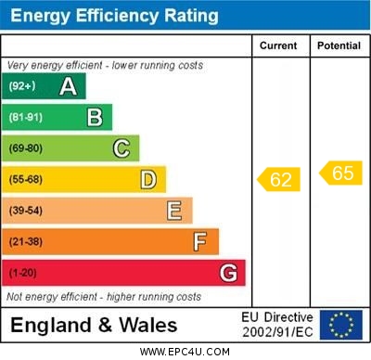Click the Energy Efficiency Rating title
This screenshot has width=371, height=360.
tap(113, 16)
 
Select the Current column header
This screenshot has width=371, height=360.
tap(278, 45)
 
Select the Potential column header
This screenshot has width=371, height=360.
tap(339, 45)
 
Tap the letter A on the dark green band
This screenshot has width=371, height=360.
tap(68, 86)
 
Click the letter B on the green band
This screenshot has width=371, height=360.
tap(95, 117)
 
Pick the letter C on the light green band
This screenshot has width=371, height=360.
tap(121, 148)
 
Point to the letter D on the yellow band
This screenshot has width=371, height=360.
tap(148, 179)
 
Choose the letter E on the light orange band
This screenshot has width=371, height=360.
tap(174, 211)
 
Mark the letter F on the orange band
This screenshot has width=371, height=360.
tap(200, 241)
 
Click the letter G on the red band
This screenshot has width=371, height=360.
tap(228, 273)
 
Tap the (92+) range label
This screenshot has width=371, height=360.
tap(22, 86)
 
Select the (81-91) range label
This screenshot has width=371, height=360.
tap(26, 118)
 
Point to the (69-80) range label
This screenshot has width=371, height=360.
tap(26, 148)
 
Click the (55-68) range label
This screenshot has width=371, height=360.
tap(26, 180)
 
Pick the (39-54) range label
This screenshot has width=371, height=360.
tap(26, 211)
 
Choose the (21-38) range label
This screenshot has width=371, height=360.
tap(26, 242)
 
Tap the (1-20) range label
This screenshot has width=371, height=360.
tap(23, 273)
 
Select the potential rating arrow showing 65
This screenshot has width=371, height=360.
tap(340, 173)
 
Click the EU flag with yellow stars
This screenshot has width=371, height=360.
tap(341, 325)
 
